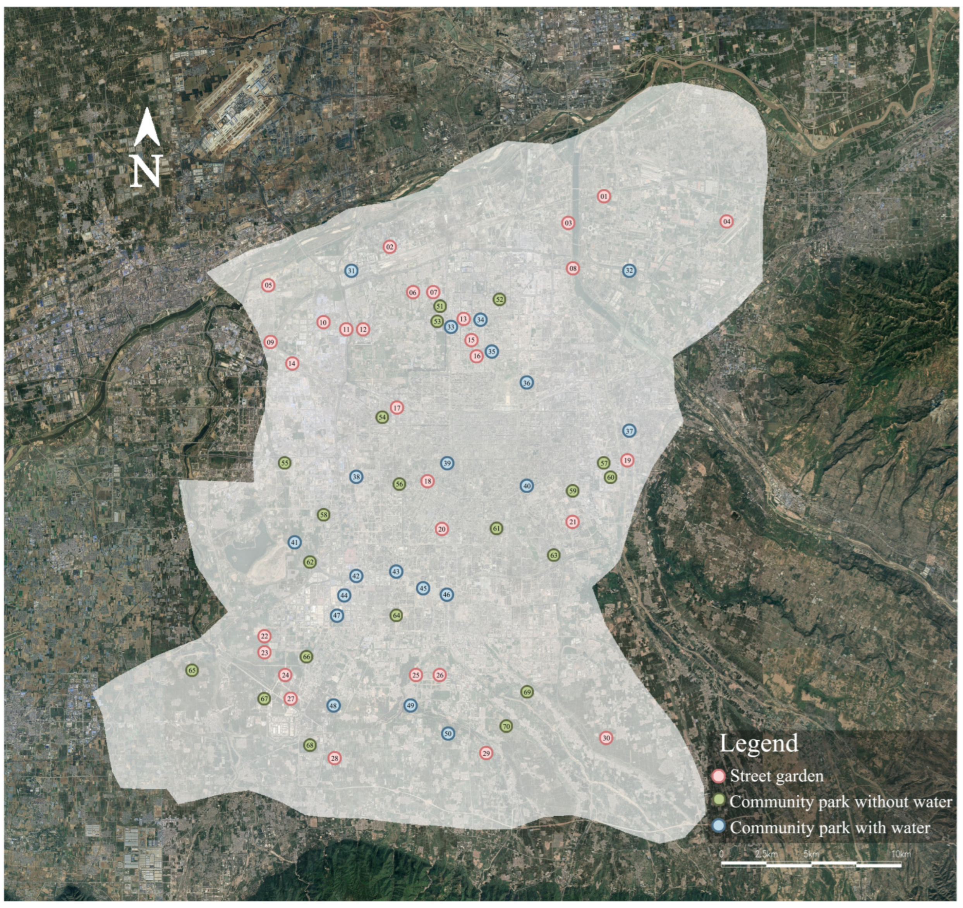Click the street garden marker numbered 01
click(604, 197)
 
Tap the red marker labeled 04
click(726, 222)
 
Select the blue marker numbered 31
click(351, 271)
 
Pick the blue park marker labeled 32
click(629, 271)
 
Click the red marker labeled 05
click(268, 285)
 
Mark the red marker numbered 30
click(606, 738)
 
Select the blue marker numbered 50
click(448, 734)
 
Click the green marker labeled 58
click(324, 515)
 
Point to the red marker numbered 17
click(397, 408)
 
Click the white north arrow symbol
click(147, 127)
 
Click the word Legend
click(759, 743)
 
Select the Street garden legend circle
click(720, 776)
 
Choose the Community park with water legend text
click(830, 827)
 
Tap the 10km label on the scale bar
click(901, 854)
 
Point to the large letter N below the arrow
click(147, 170)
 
